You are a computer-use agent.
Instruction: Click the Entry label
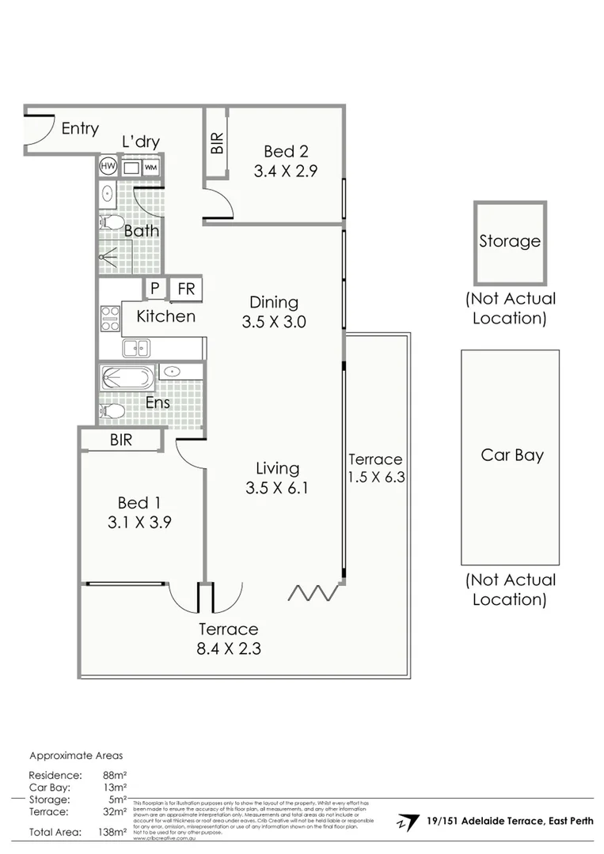click(80, 128)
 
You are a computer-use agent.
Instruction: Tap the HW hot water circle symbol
click(108, 167)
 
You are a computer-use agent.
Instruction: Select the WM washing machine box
click(150, 168)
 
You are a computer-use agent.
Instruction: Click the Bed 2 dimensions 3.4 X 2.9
click(285, 170)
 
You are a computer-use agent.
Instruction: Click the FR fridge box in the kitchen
click(186, 289)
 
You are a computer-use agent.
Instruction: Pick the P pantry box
click(154, 289)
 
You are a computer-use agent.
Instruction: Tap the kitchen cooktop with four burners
click(109, 317)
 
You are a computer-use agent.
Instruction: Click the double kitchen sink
click(136, 347)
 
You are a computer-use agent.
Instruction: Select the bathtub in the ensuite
click(127, 377)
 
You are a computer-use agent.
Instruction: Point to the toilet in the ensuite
click(112, 411)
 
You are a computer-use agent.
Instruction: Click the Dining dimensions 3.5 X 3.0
click(274, 322)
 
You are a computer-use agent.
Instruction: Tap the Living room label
click(276, 468)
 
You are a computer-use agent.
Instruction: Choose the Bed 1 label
click(133, 502)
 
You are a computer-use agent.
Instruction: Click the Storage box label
click(509, 241)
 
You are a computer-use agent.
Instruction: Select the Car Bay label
click(511, 455)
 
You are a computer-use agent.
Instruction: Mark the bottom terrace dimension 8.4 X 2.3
click(229, 649)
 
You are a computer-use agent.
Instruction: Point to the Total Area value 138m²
click(116, 832)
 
